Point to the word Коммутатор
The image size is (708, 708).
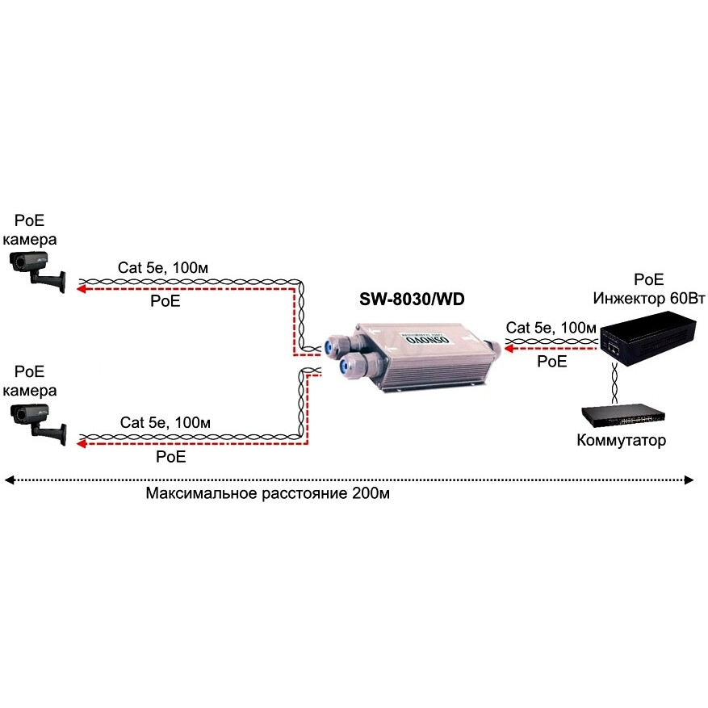point(622,440)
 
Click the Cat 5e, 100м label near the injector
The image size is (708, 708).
point(551,328)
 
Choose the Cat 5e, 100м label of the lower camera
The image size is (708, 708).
point(165,422)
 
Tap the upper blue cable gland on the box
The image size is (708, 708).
point(332,346)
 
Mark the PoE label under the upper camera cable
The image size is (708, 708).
point(165,302)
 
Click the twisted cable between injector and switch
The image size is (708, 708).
point(615,379)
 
